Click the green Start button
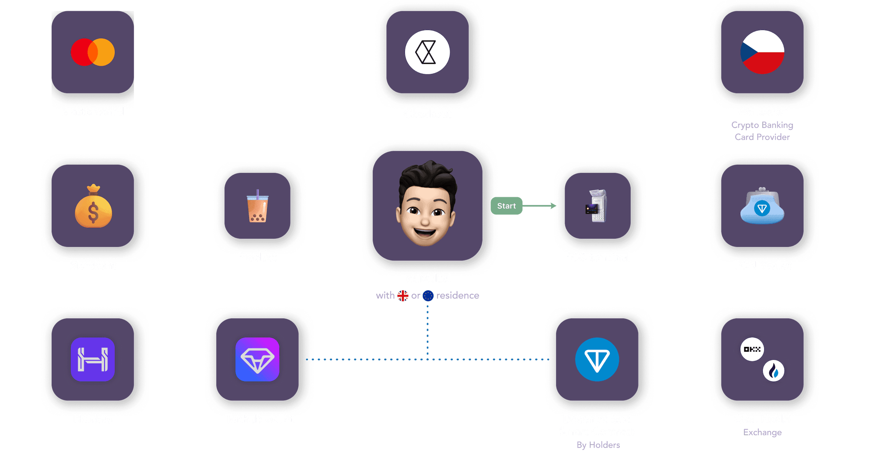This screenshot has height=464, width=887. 506,206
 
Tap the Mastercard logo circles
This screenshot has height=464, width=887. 93,52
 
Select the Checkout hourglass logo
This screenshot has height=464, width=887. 427,52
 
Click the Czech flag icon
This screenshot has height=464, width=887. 762,52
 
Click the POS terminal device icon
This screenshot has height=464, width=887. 597,206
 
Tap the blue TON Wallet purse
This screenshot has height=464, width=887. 762,207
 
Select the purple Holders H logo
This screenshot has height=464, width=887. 93,359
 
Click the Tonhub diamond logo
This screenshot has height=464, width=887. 257,359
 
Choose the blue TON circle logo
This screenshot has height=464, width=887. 597,359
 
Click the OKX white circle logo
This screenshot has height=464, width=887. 752,349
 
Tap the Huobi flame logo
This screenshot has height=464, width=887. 773,371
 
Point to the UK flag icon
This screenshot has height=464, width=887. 403,296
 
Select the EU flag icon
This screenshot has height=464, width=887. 428,296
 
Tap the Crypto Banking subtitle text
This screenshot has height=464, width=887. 762,125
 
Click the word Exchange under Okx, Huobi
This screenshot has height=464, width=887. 762,432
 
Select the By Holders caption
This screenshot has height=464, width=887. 598,445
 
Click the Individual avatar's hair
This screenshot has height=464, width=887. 428,174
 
